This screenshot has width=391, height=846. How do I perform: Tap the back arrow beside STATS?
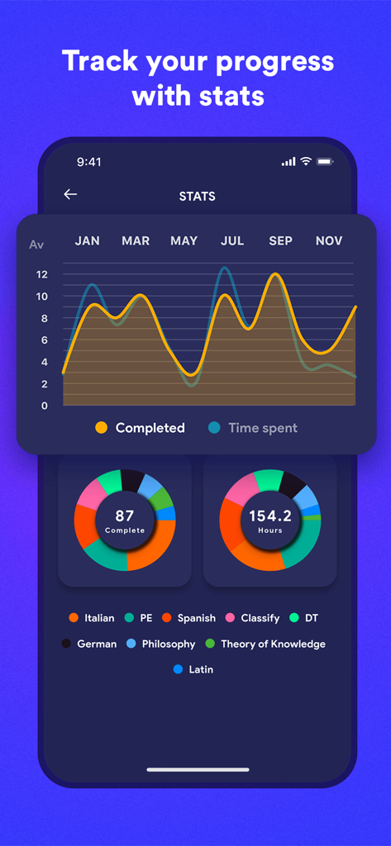70,194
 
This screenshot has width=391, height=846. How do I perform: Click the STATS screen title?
197,197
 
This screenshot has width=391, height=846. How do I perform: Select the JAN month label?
87,240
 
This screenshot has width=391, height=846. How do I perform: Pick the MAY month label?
184,240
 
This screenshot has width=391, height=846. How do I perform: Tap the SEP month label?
280,240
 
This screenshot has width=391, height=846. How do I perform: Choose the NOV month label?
329,240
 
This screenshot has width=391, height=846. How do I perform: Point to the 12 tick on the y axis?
41,274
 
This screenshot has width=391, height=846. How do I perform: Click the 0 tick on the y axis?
44,406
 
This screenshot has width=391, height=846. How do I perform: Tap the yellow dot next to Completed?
102,428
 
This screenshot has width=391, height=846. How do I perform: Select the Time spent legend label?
262,428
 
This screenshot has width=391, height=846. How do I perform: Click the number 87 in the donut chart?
125,516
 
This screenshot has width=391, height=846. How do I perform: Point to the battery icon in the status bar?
325,161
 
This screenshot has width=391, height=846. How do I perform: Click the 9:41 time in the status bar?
88,162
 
